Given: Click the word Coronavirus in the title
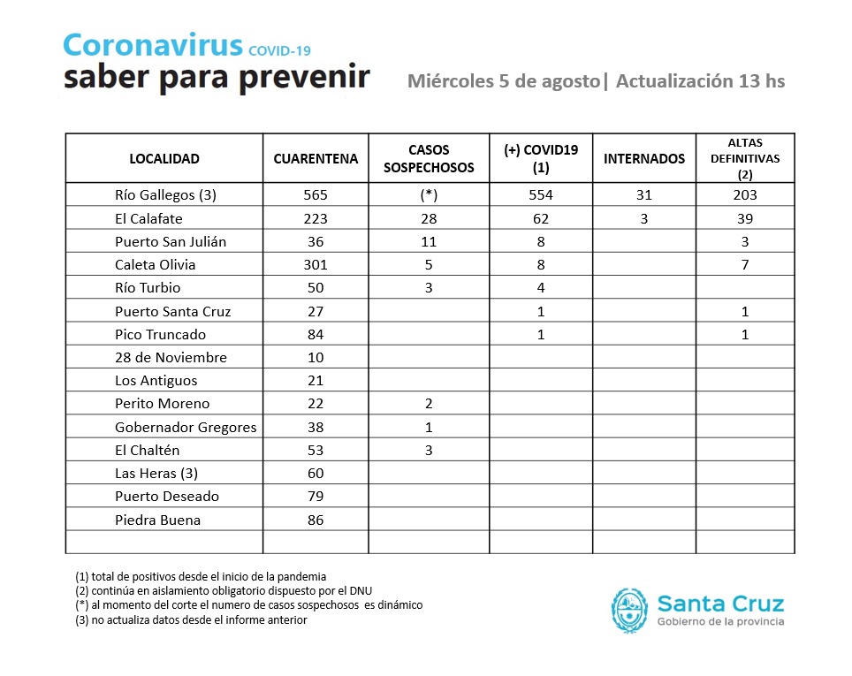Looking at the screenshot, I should [152, 46].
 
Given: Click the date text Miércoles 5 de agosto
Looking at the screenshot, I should [503, 81].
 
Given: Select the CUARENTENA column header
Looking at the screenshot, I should [316, 159].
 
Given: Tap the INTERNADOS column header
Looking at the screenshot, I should [643, 159].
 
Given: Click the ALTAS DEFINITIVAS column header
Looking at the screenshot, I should [746, 159].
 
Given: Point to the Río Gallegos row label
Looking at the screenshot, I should [166, 194].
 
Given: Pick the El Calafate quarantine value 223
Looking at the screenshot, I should [316, 218].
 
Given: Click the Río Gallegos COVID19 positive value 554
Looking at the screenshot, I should [541, 194].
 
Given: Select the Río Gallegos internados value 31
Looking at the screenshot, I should [643, 194].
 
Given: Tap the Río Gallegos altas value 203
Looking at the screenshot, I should [746, 194].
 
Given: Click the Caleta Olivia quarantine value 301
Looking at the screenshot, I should [316, 264].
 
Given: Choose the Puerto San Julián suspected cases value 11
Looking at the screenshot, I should [429, 241].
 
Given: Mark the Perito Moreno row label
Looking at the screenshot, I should [163, 403].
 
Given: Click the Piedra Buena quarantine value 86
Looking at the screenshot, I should [316, 520].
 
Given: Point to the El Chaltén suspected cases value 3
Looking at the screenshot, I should [429, 450].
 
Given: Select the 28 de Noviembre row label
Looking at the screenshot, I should [171, 357].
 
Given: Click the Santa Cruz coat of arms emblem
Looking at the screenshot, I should [629, 611].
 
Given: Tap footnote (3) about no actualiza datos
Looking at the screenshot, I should [191, 619].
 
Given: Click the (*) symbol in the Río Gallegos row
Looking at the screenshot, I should [429, 194].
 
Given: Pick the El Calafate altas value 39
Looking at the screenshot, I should [746, 218].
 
